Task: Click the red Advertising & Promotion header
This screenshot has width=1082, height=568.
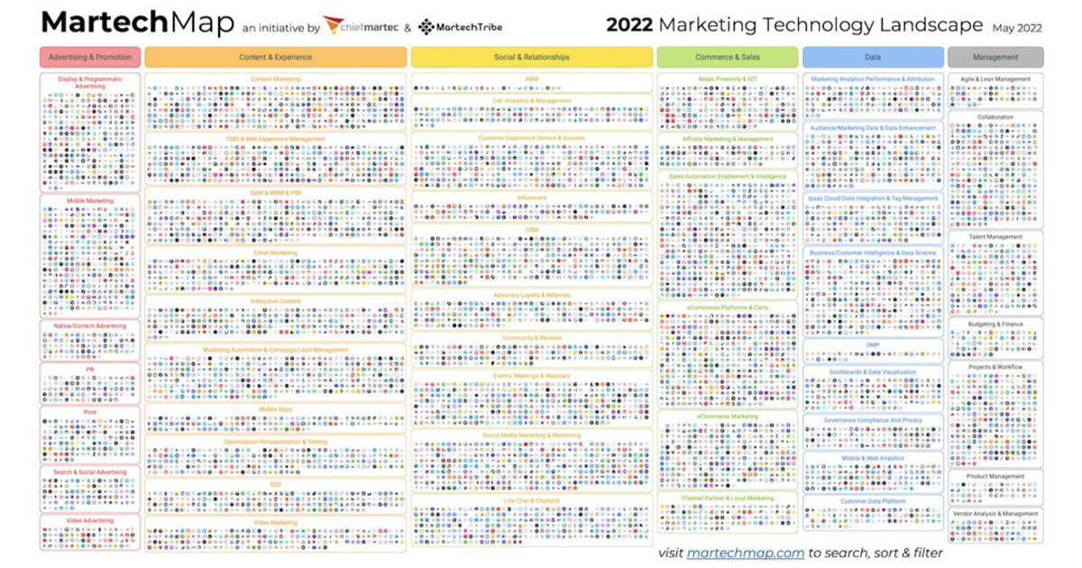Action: point(89,57)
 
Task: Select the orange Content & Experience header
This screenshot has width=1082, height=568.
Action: point(275,57)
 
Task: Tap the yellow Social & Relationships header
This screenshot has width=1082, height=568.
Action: point(531,57)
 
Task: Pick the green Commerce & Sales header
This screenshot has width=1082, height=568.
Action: point(727,57)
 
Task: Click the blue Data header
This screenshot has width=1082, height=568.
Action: point(873,57)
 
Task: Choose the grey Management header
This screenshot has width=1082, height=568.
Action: point(995,57)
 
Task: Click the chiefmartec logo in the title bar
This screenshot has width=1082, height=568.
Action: point(360,26)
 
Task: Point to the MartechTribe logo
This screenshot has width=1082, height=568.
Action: point(460,26)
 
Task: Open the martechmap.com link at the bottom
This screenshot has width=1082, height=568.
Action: point(745,553)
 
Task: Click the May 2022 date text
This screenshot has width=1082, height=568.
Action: point(1017,28)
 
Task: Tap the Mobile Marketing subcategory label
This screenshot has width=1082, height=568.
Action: point(89,200)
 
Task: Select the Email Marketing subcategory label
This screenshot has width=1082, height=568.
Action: point(275,252)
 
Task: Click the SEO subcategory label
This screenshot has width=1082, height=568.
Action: point(275,484)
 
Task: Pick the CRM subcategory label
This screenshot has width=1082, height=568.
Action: point(531,230)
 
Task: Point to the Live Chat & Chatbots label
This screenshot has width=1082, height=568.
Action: point(531,499)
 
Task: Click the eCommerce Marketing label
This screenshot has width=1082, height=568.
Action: point(727,417)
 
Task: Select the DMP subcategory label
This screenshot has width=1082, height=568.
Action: point(873,344)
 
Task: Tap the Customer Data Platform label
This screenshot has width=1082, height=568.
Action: point(873,501)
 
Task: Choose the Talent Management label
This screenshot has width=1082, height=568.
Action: point(995,237)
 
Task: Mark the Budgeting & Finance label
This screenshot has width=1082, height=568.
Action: point(995,324)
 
